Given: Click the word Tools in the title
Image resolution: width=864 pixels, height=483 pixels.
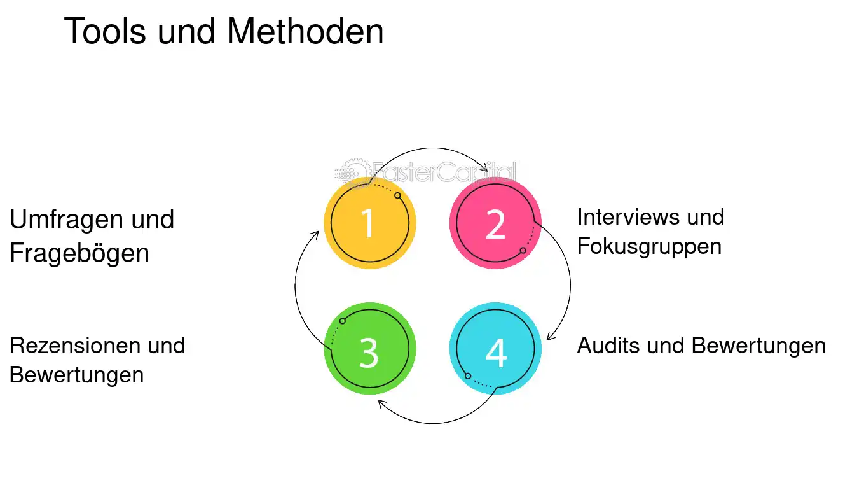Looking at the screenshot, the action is point(105,31).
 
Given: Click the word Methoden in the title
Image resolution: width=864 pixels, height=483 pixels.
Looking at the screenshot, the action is point(305,31).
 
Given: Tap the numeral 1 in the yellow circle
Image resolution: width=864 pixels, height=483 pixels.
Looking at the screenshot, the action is point(367,223).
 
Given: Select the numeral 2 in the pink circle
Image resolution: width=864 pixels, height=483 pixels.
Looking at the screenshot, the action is point(495,224).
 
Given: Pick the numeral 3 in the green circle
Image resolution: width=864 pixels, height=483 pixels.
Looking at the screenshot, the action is point(369,352).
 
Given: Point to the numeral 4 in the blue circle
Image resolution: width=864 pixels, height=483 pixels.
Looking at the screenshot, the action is point(496,352).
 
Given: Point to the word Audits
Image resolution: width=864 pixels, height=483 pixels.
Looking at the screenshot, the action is point(608,346).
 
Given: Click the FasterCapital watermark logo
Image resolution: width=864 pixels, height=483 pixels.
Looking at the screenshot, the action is point(426,172).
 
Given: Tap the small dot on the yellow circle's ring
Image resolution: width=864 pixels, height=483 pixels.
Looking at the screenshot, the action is point(398,195).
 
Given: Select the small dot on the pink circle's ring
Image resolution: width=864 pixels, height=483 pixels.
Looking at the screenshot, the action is point(523,251).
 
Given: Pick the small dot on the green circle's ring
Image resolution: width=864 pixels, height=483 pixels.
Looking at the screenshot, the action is point(343,321).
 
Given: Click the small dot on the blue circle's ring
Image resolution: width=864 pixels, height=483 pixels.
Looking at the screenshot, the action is point(467,375).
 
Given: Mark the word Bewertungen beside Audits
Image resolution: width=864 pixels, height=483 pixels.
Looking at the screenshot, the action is point(758,346).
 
